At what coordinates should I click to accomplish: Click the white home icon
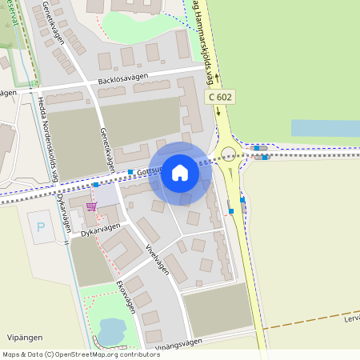[x=180, y=173]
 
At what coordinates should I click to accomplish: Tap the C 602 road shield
[x=222, y=96]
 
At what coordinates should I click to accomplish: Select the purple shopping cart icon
[x=92, y=206]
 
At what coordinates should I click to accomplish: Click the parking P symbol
[x=41, y=226]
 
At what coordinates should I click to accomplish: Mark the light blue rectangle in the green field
[x=325, y=128]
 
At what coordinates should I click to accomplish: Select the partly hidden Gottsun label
[x=149, y=171]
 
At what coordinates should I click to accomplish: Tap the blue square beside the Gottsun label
[x=130, y=173]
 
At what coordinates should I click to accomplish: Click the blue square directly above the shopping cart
[x=95, y=185]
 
